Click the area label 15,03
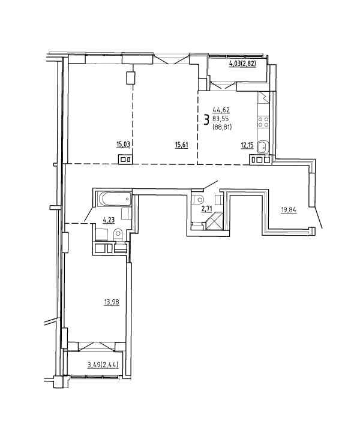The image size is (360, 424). [x=123, y=145]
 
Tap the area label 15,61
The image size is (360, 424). [x=181, y=145]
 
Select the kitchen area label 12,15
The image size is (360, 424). [x=247, y=146]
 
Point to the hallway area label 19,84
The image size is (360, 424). [x=289, y=209]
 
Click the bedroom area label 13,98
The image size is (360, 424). [x=112, y=302]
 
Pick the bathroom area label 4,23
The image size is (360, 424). [x=109, y=220]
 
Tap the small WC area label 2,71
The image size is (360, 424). [x=206, y=209]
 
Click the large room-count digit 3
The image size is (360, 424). [x=206, y=119]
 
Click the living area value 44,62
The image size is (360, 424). [x=221, y=110]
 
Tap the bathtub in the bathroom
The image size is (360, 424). [x=115, y=199]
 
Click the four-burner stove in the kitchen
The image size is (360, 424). [x=263, y=122]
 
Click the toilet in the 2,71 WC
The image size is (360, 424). [x=199, y=200]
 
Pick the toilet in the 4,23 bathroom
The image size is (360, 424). [x=118, y=234]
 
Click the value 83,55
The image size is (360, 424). [x=221, y=118]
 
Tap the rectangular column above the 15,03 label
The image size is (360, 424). [x=131, y=77]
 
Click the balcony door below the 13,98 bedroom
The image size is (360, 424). [x=92, y=347]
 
